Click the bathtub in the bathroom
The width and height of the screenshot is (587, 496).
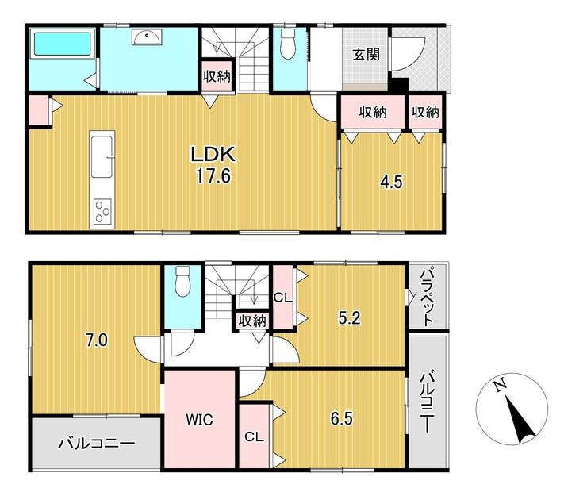pyautogui.click(x=63, y=44)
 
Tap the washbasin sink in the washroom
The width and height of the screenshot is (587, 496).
pyautogui.click(x=147, y=37)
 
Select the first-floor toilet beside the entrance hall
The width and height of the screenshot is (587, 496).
pyautogui.click(x=288, y=44)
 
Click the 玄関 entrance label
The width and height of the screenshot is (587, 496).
pyautogui.click(x=366, y=55)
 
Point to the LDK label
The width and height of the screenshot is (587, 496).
pyautogui.click(x=213, y=154)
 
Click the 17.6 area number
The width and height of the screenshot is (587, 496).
pyautogui.click(x=213, y=175)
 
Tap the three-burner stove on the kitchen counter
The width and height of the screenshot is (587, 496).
pyautogui.click(x=102, y=211)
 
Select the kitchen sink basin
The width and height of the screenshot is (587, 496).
pyautogui.click(x=102, y=156)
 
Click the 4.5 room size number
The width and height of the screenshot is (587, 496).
pyautogui.click(x=391, y=183)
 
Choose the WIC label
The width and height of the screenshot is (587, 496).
pyautogui.click(x=200, y=420)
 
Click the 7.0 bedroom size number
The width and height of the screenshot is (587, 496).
pyautogui.click(x=96, y=340)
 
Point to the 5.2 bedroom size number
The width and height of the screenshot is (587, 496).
pyautogui.click(x=349, y=318)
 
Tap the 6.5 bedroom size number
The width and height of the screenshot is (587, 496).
pyautogui.click(x=341, y=418)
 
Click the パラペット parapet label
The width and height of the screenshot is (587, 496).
pyautogui.click(x=427, y=295)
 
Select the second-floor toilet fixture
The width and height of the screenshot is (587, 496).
pyautogui.click(x=183, y=281)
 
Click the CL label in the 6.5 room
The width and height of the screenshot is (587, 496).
pyautogui.click(x=254, y=436)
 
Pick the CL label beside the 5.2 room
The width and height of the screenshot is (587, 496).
pyautogui.click(x=282, y=298)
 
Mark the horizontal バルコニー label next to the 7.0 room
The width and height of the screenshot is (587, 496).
pyautogui.click(x=96, y=444)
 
